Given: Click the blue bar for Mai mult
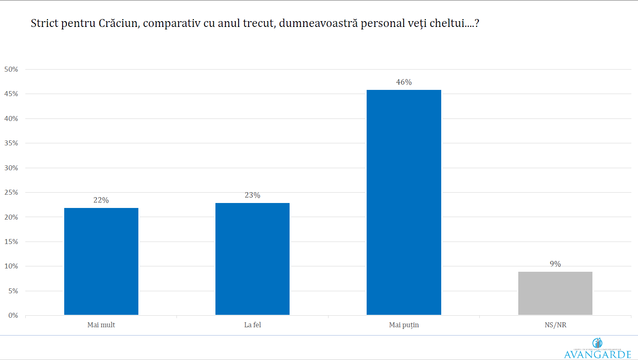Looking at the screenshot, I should (101, 261).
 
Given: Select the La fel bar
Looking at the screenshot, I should (252, 259).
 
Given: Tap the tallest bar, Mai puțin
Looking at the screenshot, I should (404, 202).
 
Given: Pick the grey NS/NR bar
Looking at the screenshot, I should (555, 293).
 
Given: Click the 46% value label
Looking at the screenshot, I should (404, 82).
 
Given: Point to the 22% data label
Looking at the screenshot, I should (101, 200).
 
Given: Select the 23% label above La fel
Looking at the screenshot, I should (252, 195).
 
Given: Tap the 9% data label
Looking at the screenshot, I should (555, 264).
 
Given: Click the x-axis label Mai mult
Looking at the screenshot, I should (101, 325).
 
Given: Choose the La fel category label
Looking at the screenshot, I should (252, 325).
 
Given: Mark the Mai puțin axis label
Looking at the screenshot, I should (404, 325).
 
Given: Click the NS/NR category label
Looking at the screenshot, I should (555, 325).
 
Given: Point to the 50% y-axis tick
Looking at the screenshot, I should (11, 69).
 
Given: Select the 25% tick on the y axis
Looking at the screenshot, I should (11, 192).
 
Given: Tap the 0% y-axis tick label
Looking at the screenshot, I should (13, 315).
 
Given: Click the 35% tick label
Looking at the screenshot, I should (11, 143).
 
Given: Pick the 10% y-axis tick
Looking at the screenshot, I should (11, 266).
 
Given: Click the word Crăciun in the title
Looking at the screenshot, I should (118, 23).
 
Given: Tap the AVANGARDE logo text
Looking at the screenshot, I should (597, 354).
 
